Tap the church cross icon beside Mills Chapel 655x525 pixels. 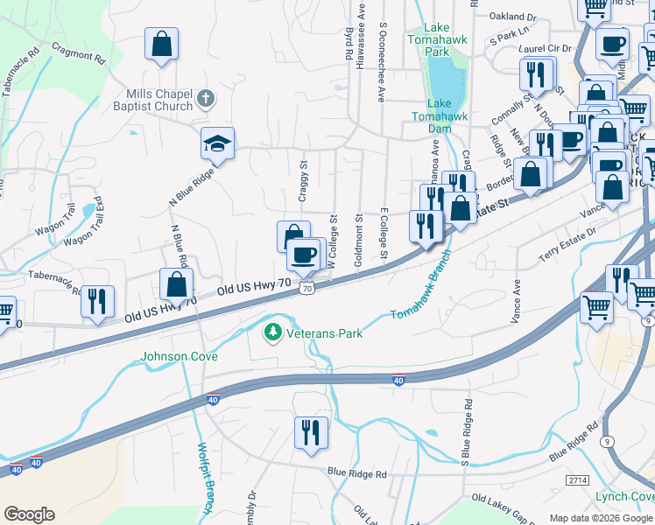pyautogui.click(x=206, y=97)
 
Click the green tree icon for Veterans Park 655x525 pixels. pyautogui.click(x=272, y=332)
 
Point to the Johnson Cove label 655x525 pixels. pyautogui.click(x=178, y=356)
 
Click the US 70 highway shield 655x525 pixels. pyautogui.click(x=306, y=288)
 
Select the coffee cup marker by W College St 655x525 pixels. pyautogui.click(x=304, y=255)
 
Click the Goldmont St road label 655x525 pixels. pyautogui.click(x=358, y=234)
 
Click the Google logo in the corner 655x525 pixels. pyautogui.click(x=29, y=514)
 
